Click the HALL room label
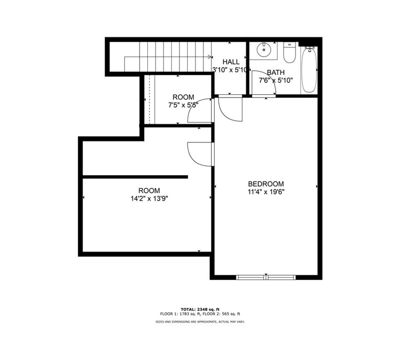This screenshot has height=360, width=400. tap(231, 62)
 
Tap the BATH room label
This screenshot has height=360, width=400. tap(276, 72)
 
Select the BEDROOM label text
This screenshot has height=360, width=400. tap(266, 184)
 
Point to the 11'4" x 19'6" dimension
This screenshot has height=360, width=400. tap(266, 192)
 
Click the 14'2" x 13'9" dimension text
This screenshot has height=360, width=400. tap(149, 199)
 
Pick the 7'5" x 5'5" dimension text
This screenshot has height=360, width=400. tap(183, 105)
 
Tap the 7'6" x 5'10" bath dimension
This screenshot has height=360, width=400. tap(276, 81)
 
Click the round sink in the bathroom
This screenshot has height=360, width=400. tap(263, 50)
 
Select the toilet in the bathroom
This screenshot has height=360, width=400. tap(289, 53)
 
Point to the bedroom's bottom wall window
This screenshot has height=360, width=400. tap(266, 277)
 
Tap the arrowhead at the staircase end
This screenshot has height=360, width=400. tap(210, 57)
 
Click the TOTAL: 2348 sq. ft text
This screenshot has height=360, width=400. tap(200, 309)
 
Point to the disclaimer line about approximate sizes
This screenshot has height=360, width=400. tap(200, 322)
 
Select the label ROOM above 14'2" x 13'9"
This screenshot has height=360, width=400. tap(149, 190)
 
